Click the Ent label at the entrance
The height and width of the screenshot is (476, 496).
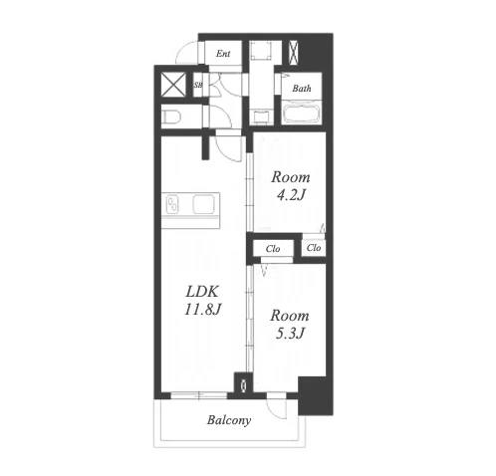223,54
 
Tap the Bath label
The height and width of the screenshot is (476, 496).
302,89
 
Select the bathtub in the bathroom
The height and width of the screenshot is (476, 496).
302,113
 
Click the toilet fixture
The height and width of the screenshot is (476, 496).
171,117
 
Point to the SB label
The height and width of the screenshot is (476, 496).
198,85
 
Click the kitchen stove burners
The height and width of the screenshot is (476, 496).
172,205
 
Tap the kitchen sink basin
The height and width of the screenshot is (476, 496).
204,204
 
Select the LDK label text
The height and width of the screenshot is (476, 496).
202,292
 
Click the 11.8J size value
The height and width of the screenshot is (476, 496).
202,310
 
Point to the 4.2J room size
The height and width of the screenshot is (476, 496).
291,195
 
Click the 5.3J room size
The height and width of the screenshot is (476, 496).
290,334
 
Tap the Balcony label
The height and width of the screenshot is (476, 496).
229,420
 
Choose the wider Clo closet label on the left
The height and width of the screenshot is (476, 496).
273,249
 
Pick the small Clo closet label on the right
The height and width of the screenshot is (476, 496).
314,248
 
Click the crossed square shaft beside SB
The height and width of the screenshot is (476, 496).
173,85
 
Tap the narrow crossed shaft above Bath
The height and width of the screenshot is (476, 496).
294,53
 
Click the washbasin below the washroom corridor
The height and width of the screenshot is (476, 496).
261,117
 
